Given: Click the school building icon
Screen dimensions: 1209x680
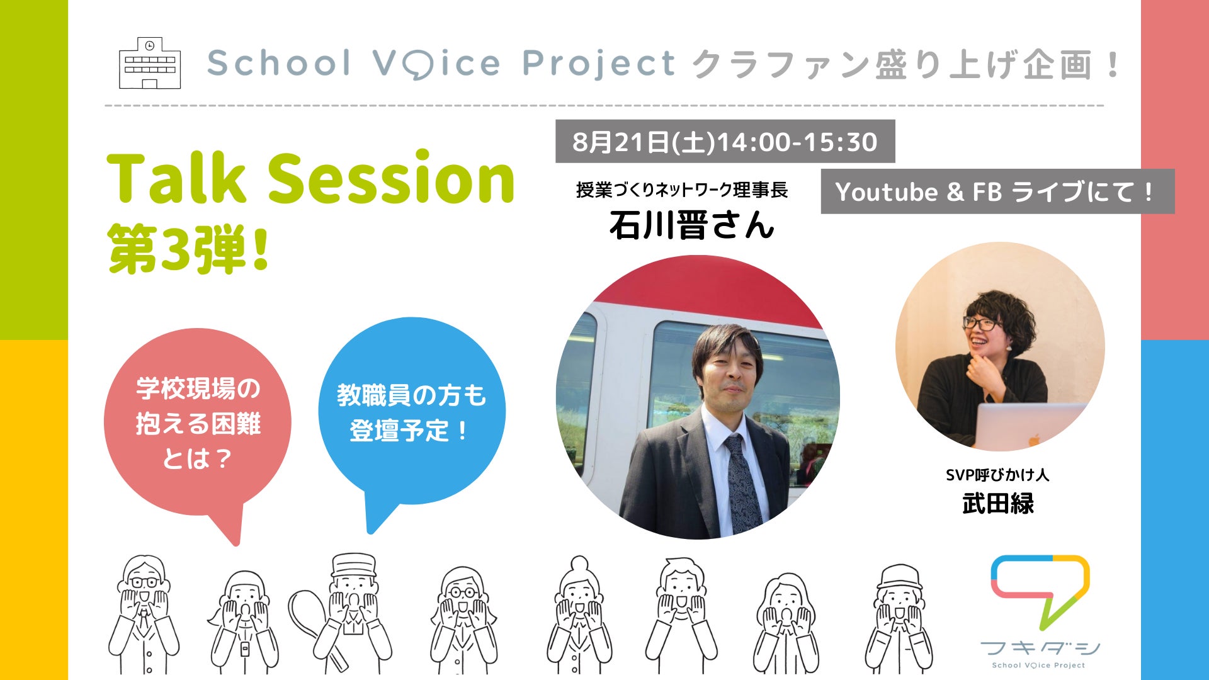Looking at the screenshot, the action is [x=150, y=63].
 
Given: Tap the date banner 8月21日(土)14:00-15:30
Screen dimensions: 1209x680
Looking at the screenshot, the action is [x=725, y=142].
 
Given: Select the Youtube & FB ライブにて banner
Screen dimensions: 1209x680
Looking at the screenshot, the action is [x=997, y=191].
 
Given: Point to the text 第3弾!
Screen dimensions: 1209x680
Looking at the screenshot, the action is [x=189, y=249].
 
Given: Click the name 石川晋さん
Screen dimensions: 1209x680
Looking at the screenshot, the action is [x=691, y=225].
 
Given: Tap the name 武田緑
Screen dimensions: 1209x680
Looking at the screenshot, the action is [x=998, y=504].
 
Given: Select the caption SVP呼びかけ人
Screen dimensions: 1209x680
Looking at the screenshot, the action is [x=997, y=475].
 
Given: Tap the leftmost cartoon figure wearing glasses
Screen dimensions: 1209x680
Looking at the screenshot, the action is [x=144, y=614].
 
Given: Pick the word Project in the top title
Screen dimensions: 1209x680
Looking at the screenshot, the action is [x=599, y=64].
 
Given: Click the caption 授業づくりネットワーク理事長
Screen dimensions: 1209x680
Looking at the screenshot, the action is [x=682, y=190].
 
